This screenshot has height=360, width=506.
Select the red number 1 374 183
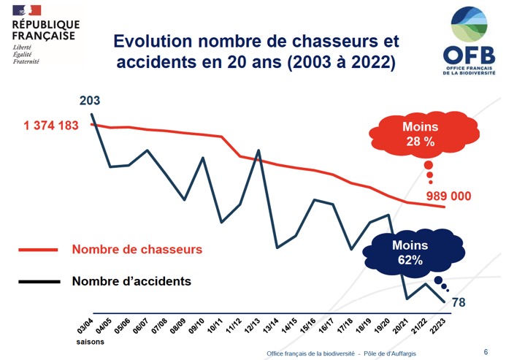[51, 126]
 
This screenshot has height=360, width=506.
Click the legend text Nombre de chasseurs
[137, 249]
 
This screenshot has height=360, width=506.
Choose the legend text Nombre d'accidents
[131, 280]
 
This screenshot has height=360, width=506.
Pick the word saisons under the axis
[89, 341]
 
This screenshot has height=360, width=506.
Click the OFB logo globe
[474, 26]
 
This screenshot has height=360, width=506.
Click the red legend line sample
[38, 250]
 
